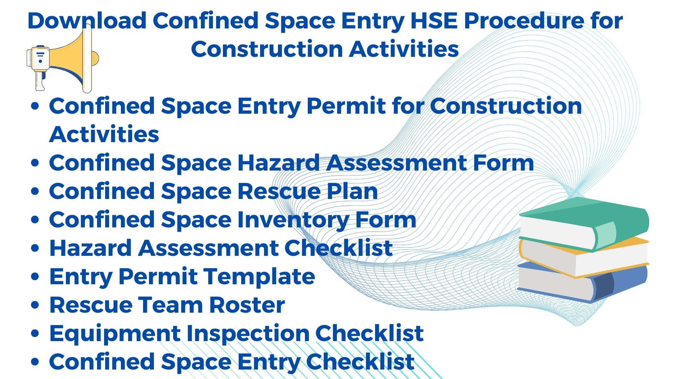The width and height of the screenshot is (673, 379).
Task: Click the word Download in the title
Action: pyautogui.click(x=87, y=20)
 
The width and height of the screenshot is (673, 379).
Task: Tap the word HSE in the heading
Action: pyautogui.click(x=434, y=20)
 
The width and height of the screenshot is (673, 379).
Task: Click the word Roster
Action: pyautogui.click(x=247, y=305)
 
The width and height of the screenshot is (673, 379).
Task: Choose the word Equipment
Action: pyautogui.click(x=115, y=334)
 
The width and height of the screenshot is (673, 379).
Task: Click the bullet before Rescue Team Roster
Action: pyautogui.click(x=35, y=305)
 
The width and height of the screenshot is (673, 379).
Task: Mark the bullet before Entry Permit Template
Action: pyautogui.click(x=35, y=277)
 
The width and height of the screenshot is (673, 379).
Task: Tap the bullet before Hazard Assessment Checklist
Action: pyautogui.click(x=35, y=248)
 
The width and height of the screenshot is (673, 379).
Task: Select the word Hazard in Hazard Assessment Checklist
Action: pyautogui.click(x=91, y=248)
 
